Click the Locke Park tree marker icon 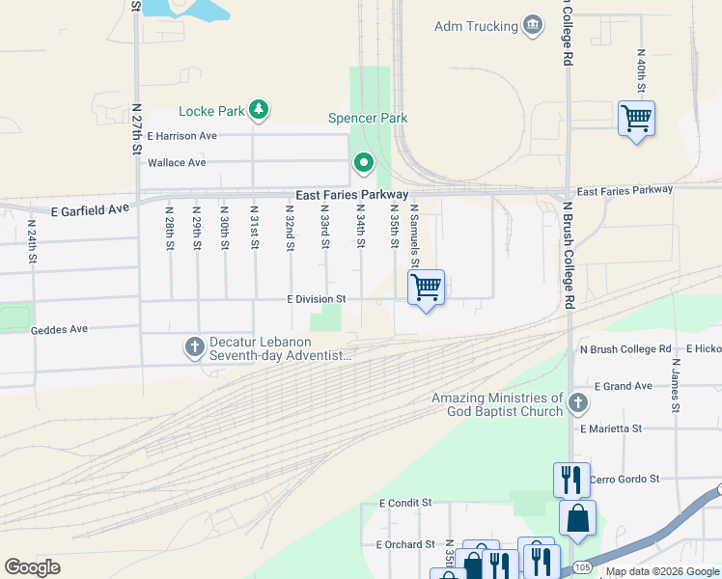coord(258,110)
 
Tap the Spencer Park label coord(368,118)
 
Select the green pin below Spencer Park coord(363,164)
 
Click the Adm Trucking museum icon coord(532,25)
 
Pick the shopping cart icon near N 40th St coord(636,119)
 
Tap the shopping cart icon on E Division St coord(426,287)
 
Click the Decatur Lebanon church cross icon coord(193,345)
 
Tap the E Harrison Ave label coord(182,136)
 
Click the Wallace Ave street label coord(177,162)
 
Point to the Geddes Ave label coord(59,329)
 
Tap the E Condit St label coord(406,503)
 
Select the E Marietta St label coord(611,427)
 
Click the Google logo coord(33,567)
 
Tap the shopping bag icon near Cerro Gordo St coord(577,519)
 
